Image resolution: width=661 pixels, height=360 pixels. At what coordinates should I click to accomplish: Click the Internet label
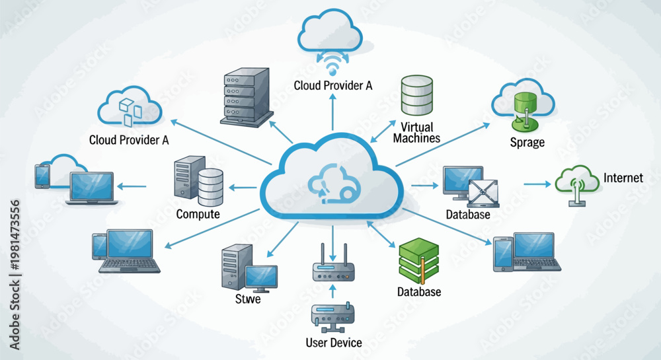(x=623, y=178)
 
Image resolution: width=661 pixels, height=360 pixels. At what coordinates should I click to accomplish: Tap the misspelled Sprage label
(x=527, y=143)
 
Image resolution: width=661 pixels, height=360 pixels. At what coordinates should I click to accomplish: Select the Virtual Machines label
(x=416, y=132)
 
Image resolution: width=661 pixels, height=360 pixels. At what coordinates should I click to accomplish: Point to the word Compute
(x=198, y=214)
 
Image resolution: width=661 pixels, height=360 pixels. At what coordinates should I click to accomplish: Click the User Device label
(x=333, y=343)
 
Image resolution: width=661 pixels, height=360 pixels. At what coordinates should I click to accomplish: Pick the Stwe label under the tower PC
(x=248, y=299)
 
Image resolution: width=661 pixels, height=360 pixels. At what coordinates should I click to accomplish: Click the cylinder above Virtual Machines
(x=416, y=95)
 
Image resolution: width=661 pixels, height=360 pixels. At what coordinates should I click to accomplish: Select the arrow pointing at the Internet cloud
(x=537, y=184)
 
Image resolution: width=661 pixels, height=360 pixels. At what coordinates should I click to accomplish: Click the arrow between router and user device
(x=332, y=291)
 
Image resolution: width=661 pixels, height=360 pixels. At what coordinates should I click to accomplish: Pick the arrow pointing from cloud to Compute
(x=243, y=188)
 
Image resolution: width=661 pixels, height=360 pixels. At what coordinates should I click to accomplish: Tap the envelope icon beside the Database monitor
(x=483, y=193)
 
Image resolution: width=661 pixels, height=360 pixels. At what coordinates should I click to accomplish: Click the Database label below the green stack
(x=419, y=292)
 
